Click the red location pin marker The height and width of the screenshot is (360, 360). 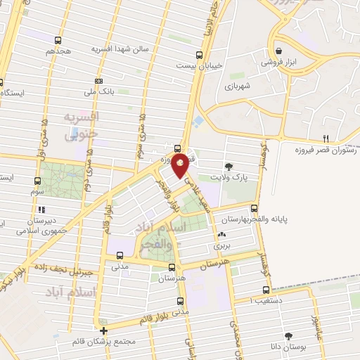[181, 165]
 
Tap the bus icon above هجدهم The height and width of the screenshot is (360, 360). [58, 40]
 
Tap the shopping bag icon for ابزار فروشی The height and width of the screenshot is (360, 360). [280, 51]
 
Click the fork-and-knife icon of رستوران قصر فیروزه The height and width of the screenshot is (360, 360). [325, 139]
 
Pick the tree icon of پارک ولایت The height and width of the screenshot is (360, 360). [229, 167]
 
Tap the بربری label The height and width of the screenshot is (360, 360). [223, 247]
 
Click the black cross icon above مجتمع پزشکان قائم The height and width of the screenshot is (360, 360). [103, 330]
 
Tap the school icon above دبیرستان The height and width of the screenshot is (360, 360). [41, 209]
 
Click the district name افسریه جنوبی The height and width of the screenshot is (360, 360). [82, 124]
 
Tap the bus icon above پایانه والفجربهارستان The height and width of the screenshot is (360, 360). [255, 208]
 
